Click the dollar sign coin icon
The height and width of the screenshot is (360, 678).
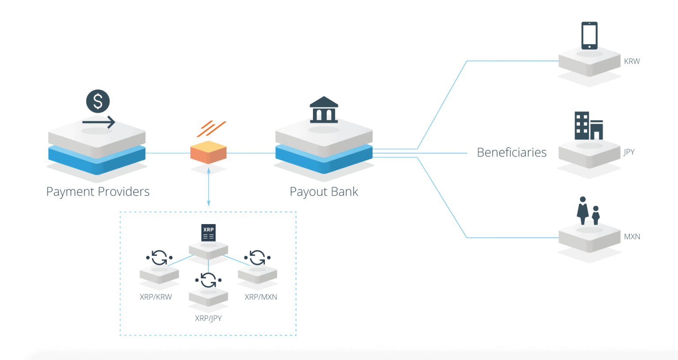click(x=98, y=101)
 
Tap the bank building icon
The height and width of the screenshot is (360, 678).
click(x=324, y=110)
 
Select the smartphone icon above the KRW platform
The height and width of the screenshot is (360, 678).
click(x=589, y=35)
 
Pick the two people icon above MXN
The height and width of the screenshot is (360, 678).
click(x=588, y=211)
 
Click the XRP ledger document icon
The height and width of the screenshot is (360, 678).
click(x=208, y=232)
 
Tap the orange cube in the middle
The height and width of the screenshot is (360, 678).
click(x=208, y=152)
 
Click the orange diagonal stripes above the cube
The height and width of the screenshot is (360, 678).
click(x=211, y=129)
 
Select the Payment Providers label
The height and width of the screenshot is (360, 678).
click(x=98, y=191)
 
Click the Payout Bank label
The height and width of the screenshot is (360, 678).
click(x=324, y=191)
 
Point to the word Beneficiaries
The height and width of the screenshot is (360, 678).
click(x=512, y=152)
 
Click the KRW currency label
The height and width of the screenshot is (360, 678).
click(x=632, y=61)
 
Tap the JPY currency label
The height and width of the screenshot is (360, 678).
click(x=629, y=152)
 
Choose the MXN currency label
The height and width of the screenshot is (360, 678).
click(x=632, y=237)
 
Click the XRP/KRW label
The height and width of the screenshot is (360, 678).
click(x=156, y=297)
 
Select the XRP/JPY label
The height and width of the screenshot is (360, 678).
click(x=208, y=318)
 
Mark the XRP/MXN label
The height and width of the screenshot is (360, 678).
click(x=261, y=297)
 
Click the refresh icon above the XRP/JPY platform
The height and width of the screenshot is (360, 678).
click(x=208, y=280)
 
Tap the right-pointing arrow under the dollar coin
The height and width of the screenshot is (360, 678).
click(x=98, y=122)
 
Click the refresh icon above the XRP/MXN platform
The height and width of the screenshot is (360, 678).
click(x=257, y=257)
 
